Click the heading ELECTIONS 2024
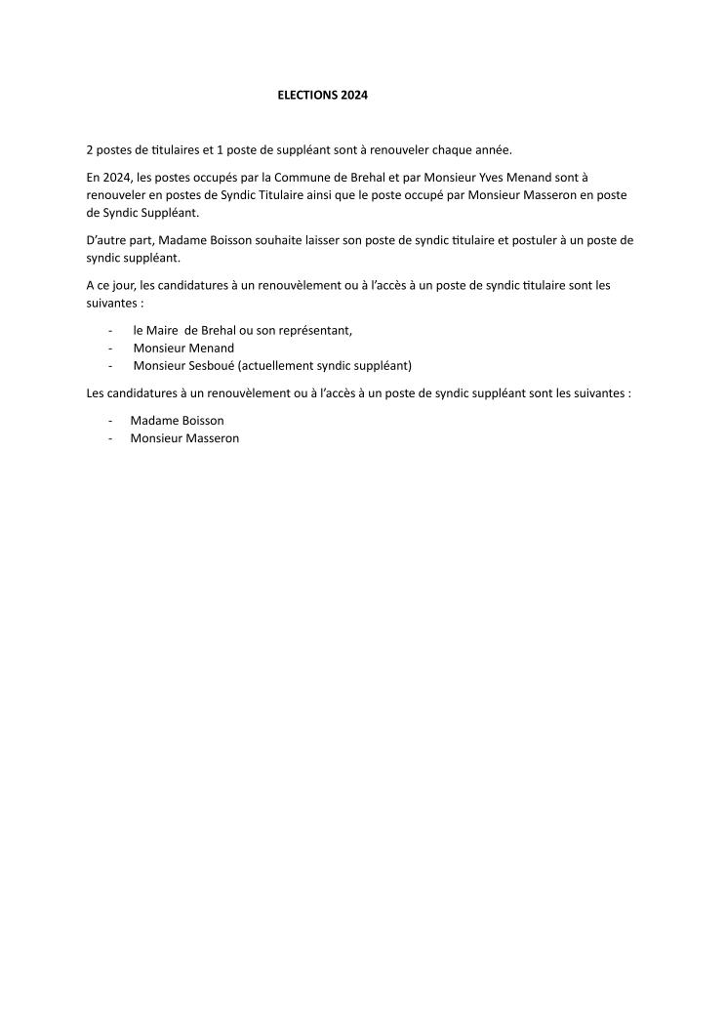[x=323, y=96]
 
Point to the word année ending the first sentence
[x=490, y=149]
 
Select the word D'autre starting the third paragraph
[x=107, y=240]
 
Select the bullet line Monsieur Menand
[x=183, y=348]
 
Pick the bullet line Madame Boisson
[x=177, y=421]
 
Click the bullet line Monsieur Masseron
[x=184, y=438]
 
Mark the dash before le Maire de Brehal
[x=110, y=330]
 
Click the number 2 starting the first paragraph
[x=89, y=149]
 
